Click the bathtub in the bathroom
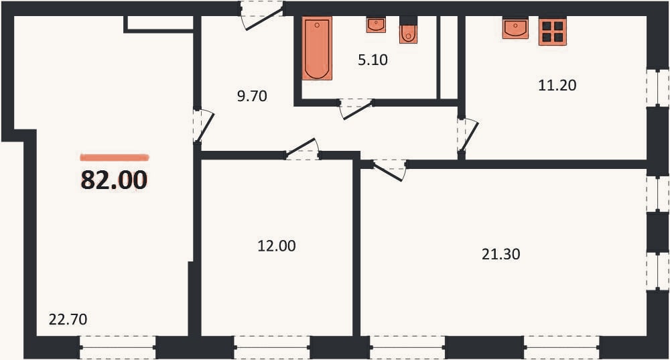[317, 48]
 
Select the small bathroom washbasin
[376, 25]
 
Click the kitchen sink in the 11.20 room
[515, 28]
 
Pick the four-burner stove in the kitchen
[553, 32]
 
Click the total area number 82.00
[114, 180]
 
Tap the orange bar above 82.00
[115, 158]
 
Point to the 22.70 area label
[68, 319]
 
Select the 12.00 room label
[277, 246]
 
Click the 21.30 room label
[500, 254]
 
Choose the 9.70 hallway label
[252, 96]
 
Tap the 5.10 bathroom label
[373, 60]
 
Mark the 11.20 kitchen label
[557, 86]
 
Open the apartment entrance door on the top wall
[261, 15]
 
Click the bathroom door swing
[356, 108]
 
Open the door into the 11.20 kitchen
[467, 134]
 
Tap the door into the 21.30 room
[389, 170]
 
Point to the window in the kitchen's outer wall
[658, 88]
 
